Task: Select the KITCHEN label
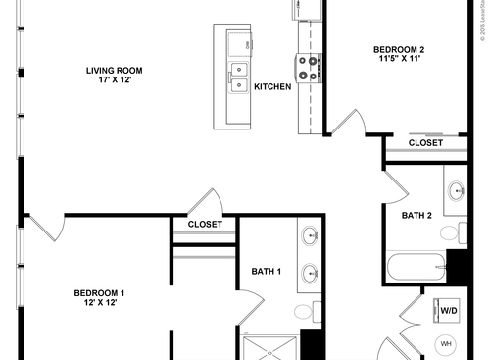pyautogui.click(x=272, y=87)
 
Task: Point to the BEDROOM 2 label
pyautogui.click(x=399, y=49)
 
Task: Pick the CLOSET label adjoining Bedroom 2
pyautogui.click(x=425, y=143)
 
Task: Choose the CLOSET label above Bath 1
pyautogui.click(x=205, y=225)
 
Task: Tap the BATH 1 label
pyautogui.click(x=267, y=272)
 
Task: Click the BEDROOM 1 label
pyautogui.click(x=99, y=292)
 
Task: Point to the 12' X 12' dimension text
pyautogui.click(x=99, y=304)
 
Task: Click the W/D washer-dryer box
pyautogui.click(x=448, y=311)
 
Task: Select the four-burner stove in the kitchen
pyautogui.click(x=309, y=66)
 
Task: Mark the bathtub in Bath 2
pyautogui.click(x=415, y=266)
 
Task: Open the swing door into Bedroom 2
pyautogui.click(x=348, y=123)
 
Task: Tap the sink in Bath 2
pyautogui.click(x=457, y=190)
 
